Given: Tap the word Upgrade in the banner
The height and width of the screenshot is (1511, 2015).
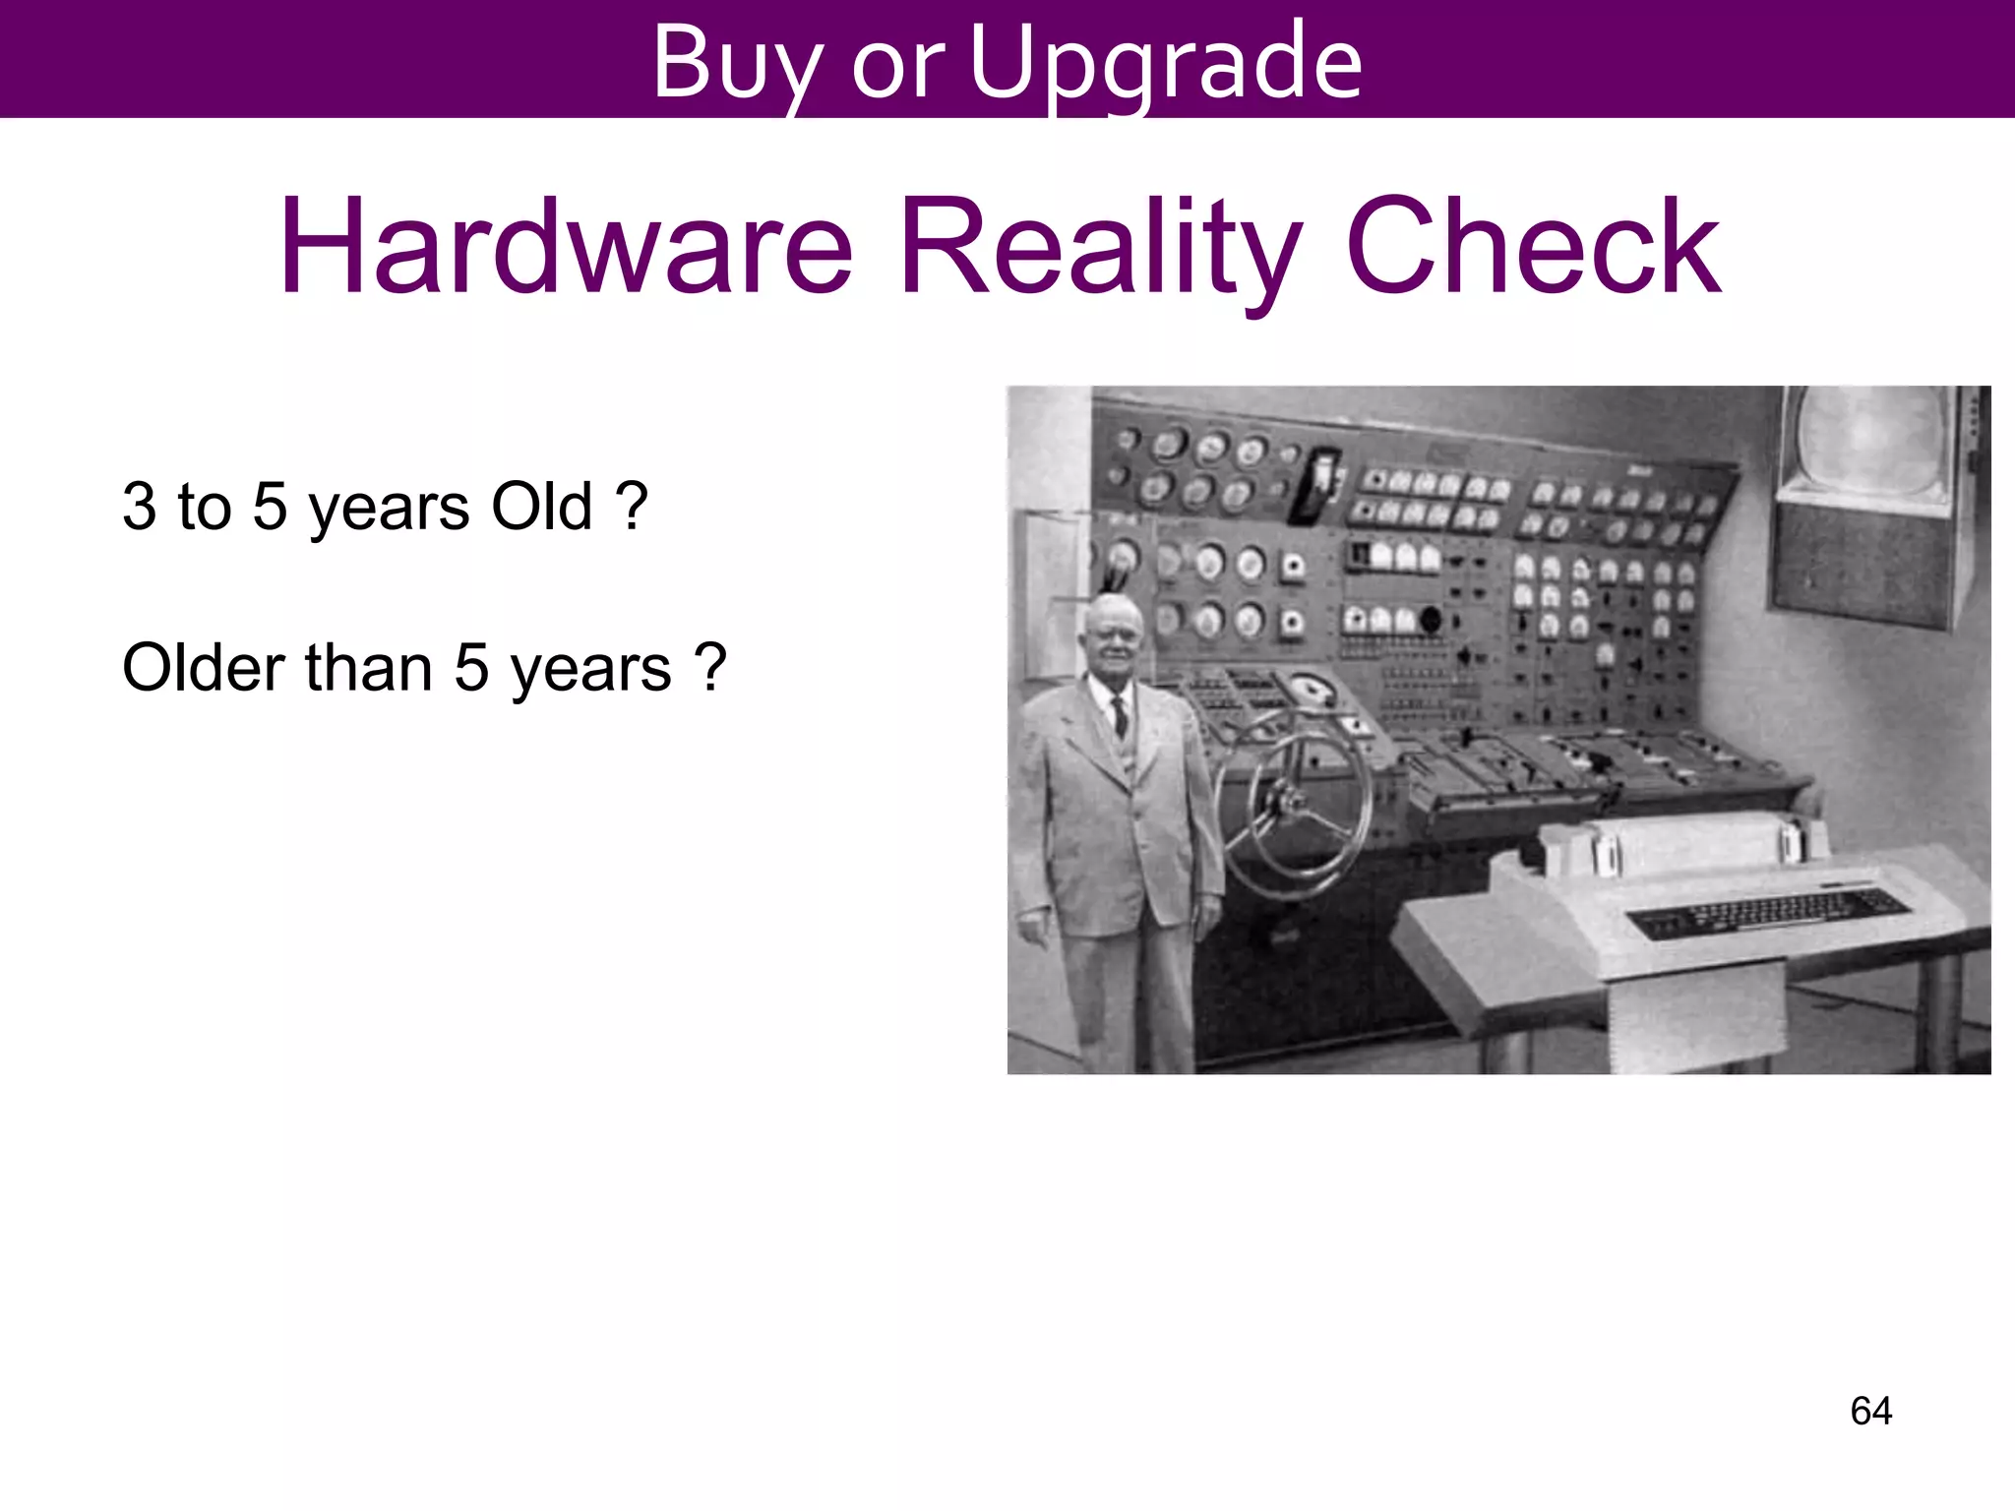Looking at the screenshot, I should pos(1166,63).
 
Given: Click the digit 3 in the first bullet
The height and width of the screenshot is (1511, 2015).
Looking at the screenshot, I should pos(139,507).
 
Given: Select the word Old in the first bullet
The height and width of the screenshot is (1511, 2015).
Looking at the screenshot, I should pos(541,507).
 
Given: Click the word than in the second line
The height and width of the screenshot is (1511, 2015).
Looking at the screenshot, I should pos(369,668).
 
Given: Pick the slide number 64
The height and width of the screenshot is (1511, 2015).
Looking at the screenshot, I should pos(1870,1411).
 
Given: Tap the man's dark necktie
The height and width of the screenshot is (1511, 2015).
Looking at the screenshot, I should pos(1120,715).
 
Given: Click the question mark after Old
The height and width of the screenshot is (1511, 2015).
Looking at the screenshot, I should pos(631,507).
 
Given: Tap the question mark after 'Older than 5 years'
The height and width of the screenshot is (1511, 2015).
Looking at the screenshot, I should pos(709,668).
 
